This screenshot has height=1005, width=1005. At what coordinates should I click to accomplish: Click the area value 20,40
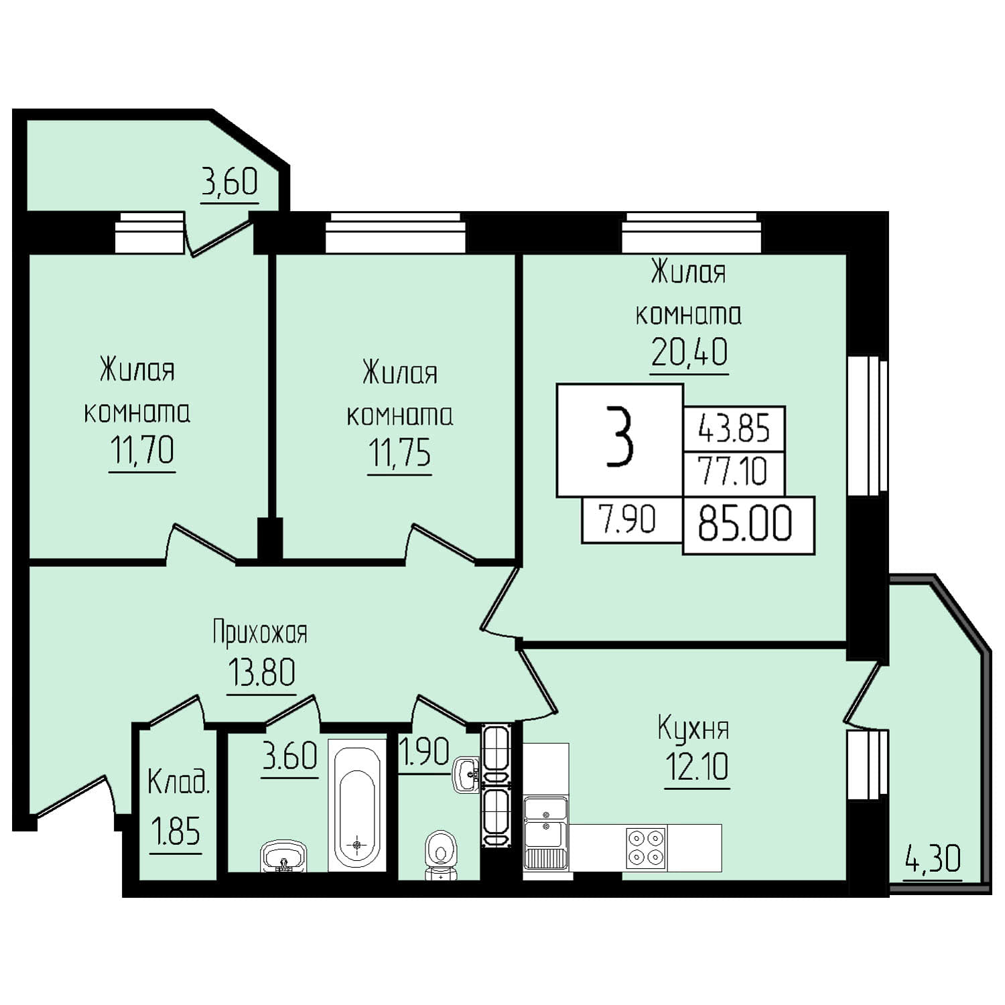[689, 352]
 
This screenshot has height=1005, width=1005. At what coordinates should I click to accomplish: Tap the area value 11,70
[142, 450]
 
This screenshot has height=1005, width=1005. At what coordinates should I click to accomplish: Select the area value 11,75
[399, 454]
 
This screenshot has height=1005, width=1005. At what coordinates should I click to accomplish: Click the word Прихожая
[260, 632]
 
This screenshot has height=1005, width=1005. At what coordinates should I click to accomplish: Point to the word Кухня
[693, 729]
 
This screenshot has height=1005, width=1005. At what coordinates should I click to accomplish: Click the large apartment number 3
[619, 438]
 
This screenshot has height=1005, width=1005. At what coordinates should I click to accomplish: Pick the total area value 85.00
[745, 524]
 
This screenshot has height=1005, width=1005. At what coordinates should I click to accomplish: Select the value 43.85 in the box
[734, 427]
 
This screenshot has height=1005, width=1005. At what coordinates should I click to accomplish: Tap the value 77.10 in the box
[732, 471]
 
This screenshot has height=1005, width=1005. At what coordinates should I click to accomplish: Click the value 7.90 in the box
[628, 519]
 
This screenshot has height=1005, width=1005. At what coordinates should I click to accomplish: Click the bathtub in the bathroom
[356, 806]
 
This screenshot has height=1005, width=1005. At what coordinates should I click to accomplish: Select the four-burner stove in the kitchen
[646, 848]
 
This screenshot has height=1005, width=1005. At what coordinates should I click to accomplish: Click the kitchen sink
[545, 833]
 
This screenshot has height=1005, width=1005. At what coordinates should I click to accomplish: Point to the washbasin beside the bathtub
[283, 856]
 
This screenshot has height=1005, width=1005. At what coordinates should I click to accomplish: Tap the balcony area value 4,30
[933, 859]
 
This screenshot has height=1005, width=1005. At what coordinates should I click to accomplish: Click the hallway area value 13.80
[261, 672]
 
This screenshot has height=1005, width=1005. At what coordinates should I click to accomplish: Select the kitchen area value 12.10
[697, 767]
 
